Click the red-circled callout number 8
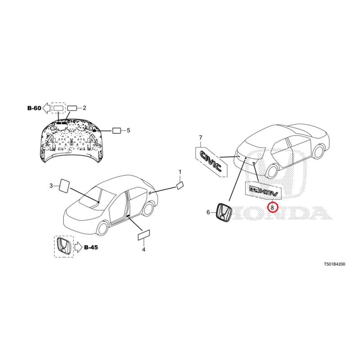(272, 207)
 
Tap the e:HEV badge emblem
(264, 191)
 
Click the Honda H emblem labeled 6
(224, 212)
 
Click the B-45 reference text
(91, 247)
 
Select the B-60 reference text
(34, 108)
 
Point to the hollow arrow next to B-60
(47, 108)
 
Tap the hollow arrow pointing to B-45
(78, 247)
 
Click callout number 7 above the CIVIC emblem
(200, 138)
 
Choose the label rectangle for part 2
(72, 108)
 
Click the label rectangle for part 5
(117, 130)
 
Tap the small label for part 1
(180, 185)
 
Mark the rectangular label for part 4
(144, 235)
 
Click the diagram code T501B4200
(334, 264)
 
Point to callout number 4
(144, 249)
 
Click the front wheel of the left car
(102, 228)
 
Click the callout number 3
(51, 185)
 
